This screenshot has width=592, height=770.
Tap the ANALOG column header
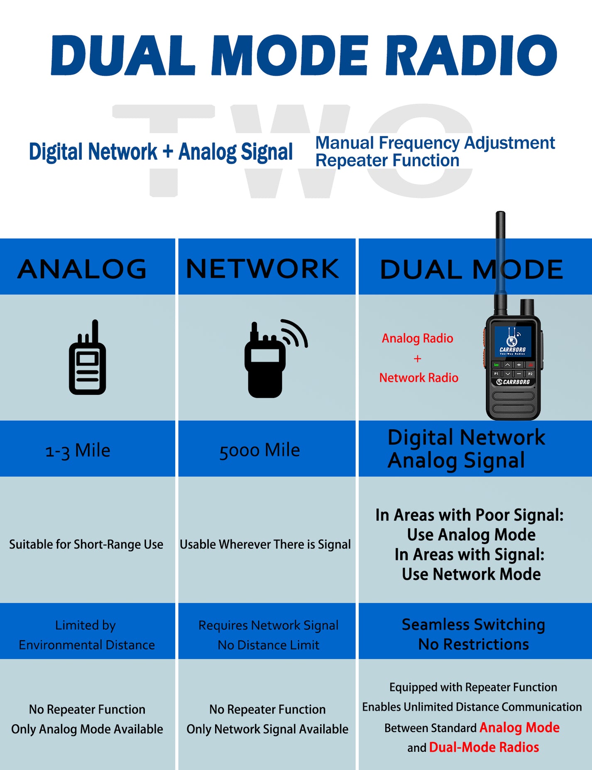click(x=82, y=269)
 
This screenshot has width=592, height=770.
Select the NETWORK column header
click(x=262, y=269)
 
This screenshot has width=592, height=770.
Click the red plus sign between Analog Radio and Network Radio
click(x=417, y=358)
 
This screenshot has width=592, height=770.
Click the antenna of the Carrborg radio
click(x=501, y=257)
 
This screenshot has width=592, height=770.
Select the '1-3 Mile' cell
click(x=78, y=450)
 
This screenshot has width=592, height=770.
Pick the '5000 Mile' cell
click(x=259, y=450)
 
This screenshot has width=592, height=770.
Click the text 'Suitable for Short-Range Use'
click(x=86, y=544)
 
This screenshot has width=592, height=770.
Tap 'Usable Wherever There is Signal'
click(x=265, y=544)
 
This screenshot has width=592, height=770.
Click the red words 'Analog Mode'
click(x=519, y=728)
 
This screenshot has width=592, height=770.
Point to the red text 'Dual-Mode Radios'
click(x=484, y=748)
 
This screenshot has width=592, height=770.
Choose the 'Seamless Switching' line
click(x=473, y=625)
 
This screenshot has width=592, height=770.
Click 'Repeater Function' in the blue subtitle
click(x=387, y=161)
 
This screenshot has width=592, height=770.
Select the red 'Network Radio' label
click(x=418, y=378)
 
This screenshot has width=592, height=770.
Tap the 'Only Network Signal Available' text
click(x=267, y=729)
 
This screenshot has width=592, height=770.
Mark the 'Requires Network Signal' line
click(x=268, y=625)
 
